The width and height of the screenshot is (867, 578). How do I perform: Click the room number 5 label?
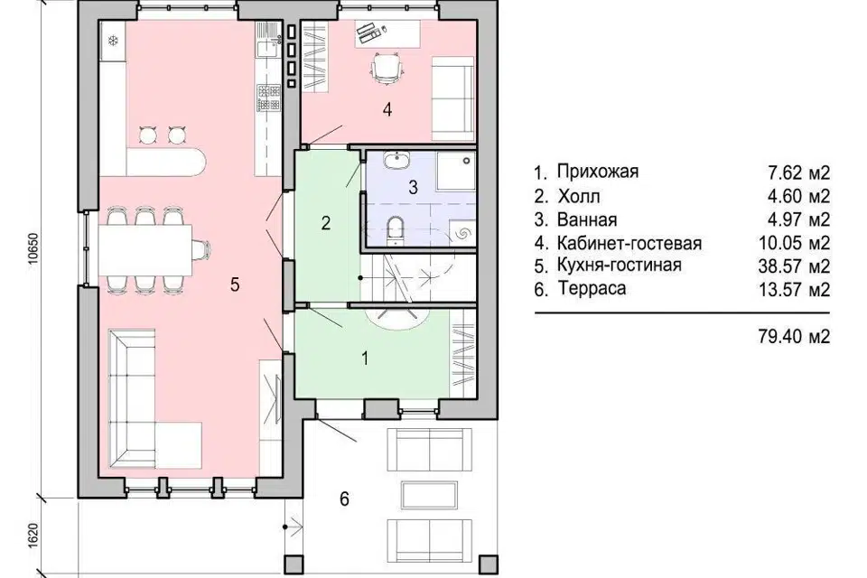coord(235,284)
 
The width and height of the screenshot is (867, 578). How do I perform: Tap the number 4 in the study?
coord(387,109)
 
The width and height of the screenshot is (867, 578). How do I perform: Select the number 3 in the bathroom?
coord(413,188)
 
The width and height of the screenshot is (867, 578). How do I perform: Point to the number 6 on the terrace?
coord(344,499)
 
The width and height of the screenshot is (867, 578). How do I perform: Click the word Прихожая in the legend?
coord(598,171)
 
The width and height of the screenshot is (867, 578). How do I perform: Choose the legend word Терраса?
coord(592,288)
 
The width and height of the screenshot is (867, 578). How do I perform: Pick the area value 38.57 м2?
coord(794,266)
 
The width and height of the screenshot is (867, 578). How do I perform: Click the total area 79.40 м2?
coord(794,336)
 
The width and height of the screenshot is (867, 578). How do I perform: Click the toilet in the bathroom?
coord(395,229)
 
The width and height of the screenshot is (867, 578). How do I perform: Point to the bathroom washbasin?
coord(396,161)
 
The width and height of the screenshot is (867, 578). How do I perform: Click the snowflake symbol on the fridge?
coord(113,41)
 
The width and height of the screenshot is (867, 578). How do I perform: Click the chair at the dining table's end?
coord(200,249)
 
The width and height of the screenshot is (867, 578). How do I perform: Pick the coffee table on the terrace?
coord(429,496)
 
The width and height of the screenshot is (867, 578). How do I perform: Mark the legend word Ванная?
coord(587,219)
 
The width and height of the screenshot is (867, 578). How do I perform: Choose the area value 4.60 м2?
coord(799,196)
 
